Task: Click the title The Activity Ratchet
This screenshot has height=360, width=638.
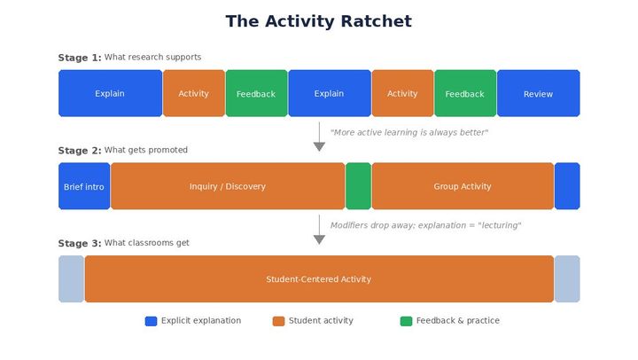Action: pos(319,21)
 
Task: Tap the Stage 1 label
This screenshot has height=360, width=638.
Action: pos(80,58)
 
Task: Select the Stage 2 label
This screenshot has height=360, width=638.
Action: pos(80,151)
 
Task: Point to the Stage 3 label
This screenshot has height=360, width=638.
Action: pos(80,244)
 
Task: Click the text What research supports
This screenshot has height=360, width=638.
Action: pos(152,58)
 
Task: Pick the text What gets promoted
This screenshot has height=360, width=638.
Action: pos(146,151)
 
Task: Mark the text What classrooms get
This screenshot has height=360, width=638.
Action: pos(147,243)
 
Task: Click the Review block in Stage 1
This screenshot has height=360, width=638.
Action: pos(538,94)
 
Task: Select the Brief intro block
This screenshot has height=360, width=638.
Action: pos(84,187)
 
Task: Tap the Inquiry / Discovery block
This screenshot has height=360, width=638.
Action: pos(228,187)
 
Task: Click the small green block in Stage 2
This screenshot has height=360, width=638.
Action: pos(358,187)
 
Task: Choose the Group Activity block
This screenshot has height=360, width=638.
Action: pos(463,187)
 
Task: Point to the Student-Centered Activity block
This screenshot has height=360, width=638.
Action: pos(319,279)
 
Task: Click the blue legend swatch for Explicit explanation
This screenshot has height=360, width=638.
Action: pos(152,321)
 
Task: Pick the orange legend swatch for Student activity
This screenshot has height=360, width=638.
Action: pos(279,321)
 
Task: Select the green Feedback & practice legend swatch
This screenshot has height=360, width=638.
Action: pos(407,321)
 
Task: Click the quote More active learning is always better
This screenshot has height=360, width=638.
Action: pos(409,133)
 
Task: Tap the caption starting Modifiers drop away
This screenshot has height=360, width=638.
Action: pos(425,225)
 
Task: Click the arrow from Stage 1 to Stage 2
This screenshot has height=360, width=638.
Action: pos(319,137)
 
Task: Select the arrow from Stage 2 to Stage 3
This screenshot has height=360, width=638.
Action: pos(319,230)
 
